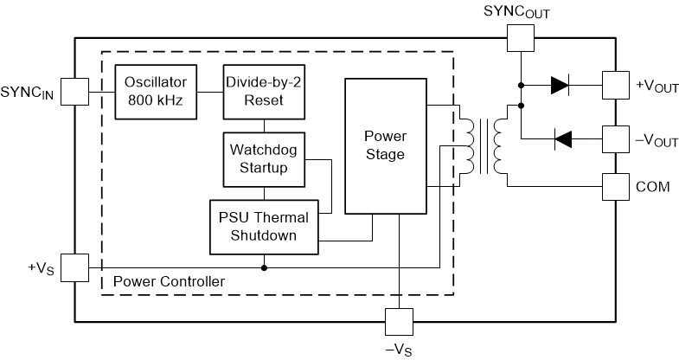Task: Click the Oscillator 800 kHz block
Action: pyautogui.click(x=156, y=92)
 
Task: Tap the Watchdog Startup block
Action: pyautogui.click(x=264, y=159)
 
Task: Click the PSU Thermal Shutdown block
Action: pyautogui.click(x=264, y=227)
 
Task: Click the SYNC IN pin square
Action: pyautogui.click(x=76, y=92)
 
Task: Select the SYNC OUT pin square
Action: pyautogui.click(x=520, y=36)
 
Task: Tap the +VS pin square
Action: pyautogui.click(x=76, y=267)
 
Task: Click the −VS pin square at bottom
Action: pyautogui.click(x=399, y=322)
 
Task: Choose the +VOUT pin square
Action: pyautogui.click(x=616, y=85)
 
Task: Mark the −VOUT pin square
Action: pyautogui.click(x=616, y=138)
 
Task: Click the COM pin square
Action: pyautogui.click(x=616, y=186)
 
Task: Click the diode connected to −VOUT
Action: pyautogui.click(x=563, y=138)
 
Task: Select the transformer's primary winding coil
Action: pyautogui.click(x=469, y=145)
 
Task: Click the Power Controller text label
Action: pyautogui.click(x=169, y=282)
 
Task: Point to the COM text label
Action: pyautogui.click(x=652, y=186)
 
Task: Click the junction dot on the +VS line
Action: pyautogui.click(x=264, y=267)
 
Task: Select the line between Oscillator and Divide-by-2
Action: pyautogui.click(x=210, y=92)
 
